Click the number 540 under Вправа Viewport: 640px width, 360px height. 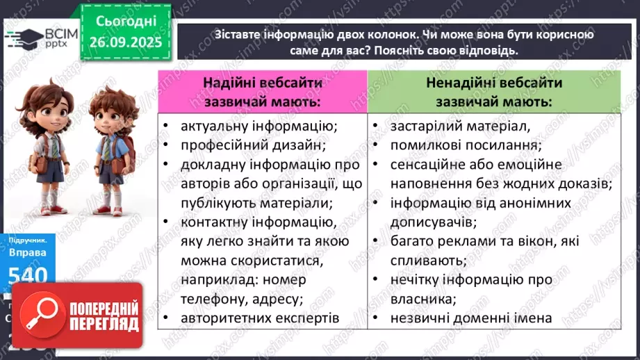click(x=28, y=275)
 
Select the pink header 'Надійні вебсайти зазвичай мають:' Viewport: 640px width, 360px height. click(x=261, y=92)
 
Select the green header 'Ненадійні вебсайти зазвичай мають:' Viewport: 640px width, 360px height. click(x=494, y=92)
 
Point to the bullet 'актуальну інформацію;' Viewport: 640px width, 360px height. click(x=258, y=126)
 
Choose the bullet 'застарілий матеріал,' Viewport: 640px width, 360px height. click(x=460, y=126)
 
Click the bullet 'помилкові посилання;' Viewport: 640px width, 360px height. click(x=466, y=145)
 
